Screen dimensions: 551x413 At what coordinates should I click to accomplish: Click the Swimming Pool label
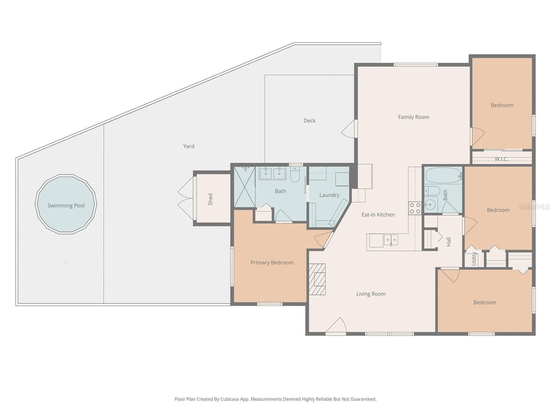tap(66, 206)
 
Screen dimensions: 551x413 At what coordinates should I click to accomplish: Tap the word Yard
tap(189, 146)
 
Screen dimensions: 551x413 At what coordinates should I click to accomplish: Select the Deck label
tap(309, 121)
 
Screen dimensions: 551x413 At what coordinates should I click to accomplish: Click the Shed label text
tap(210, 199)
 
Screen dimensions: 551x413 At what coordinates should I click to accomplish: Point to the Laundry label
tap(329, 195)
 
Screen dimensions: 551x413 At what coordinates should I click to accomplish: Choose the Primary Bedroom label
tap(272, 262)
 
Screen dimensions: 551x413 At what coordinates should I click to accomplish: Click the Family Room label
tap(413, 117)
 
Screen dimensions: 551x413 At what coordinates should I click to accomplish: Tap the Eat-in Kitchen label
tap(378, 215)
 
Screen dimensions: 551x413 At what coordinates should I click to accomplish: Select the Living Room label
tap(371, 294)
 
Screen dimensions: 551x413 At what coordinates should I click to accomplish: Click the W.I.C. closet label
tap(501, 159)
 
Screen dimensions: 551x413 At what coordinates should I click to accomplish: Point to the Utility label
tap(474, 258)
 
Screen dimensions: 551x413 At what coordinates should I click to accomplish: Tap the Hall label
tap(449, 242)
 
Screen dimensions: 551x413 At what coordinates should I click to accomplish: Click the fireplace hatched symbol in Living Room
tap(317, 279)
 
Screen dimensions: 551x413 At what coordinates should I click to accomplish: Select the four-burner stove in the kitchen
tap(415, 208)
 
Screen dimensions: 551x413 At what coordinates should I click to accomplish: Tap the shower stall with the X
tap(244, 187)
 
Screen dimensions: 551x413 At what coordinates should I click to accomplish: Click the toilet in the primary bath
tap(295, 174)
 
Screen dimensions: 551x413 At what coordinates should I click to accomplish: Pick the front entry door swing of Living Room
tap(336, 326)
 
